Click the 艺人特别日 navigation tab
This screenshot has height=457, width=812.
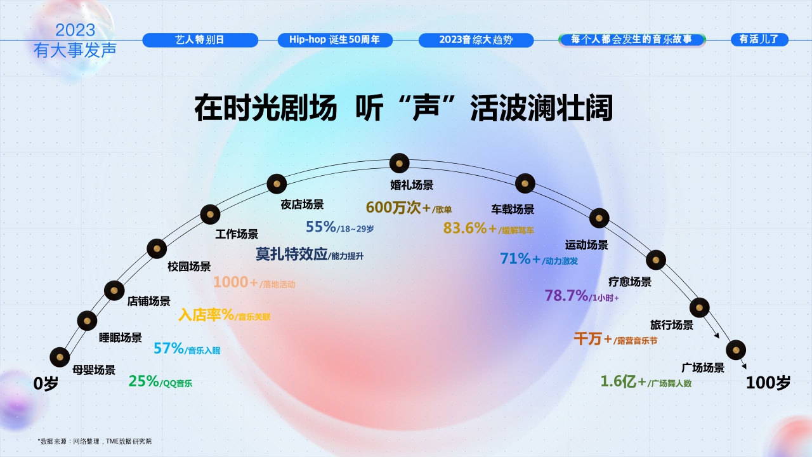[200, 40]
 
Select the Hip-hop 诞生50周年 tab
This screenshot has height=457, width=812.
[335, 40]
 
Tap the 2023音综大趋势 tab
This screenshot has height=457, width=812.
[476, 40]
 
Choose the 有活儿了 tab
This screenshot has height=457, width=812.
[759, 40]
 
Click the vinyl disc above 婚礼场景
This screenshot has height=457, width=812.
[399, 164]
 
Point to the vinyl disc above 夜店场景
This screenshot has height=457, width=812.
[277, 184]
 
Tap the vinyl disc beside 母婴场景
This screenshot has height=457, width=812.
[60, 357]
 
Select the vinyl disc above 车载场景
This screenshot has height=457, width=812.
[525, 183]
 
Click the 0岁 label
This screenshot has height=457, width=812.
[46, 384]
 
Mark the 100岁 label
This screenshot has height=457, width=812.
[768, 383]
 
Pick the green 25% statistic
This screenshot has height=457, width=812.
[144, 381]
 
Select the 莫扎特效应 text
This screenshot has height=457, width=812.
[292, 255]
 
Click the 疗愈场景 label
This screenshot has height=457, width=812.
[629, 282]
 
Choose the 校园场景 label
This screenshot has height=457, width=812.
[189, 267]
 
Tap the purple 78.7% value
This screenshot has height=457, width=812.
[566, 296]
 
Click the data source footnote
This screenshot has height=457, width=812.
[95, 441]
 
